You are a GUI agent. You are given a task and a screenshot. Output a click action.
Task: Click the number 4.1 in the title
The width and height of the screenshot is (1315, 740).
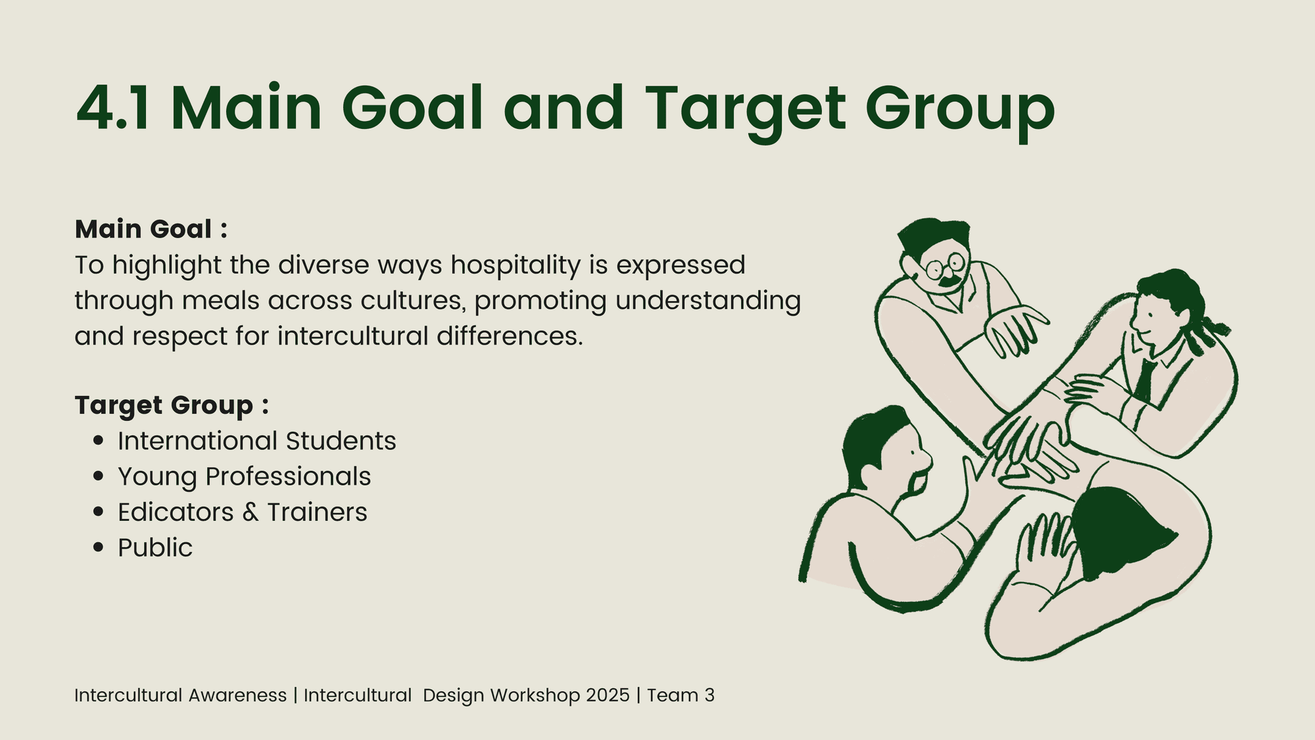coord(114,108)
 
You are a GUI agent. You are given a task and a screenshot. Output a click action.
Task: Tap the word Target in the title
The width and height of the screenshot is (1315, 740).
coord(745,112)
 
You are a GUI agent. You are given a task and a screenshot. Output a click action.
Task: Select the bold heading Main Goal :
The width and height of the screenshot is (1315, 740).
coord(151,229)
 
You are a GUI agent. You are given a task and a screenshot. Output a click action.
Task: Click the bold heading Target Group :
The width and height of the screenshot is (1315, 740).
coord(172,406)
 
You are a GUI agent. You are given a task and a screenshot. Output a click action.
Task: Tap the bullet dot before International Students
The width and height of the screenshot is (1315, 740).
coord(99,441)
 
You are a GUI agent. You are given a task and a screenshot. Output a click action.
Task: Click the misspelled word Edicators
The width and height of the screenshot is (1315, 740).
coord(176,512)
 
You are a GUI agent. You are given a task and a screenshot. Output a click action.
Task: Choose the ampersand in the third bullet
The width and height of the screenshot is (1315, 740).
coord(251,512)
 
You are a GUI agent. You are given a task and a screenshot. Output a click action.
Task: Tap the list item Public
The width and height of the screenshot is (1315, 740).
coord(155,548)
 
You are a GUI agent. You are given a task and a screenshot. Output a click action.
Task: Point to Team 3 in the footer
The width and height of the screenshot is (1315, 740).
coord(681,695)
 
